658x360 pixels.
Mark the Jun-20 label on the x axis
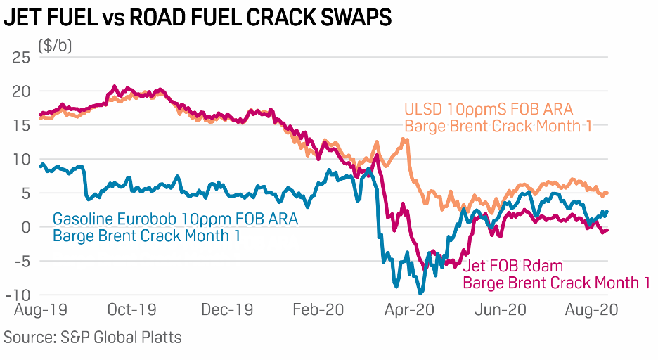[x=502, y=309]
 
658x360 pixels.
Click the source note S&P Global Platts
[x=93, y=337]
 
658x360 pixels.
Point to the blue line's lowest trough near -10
[x=420, y=293]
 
